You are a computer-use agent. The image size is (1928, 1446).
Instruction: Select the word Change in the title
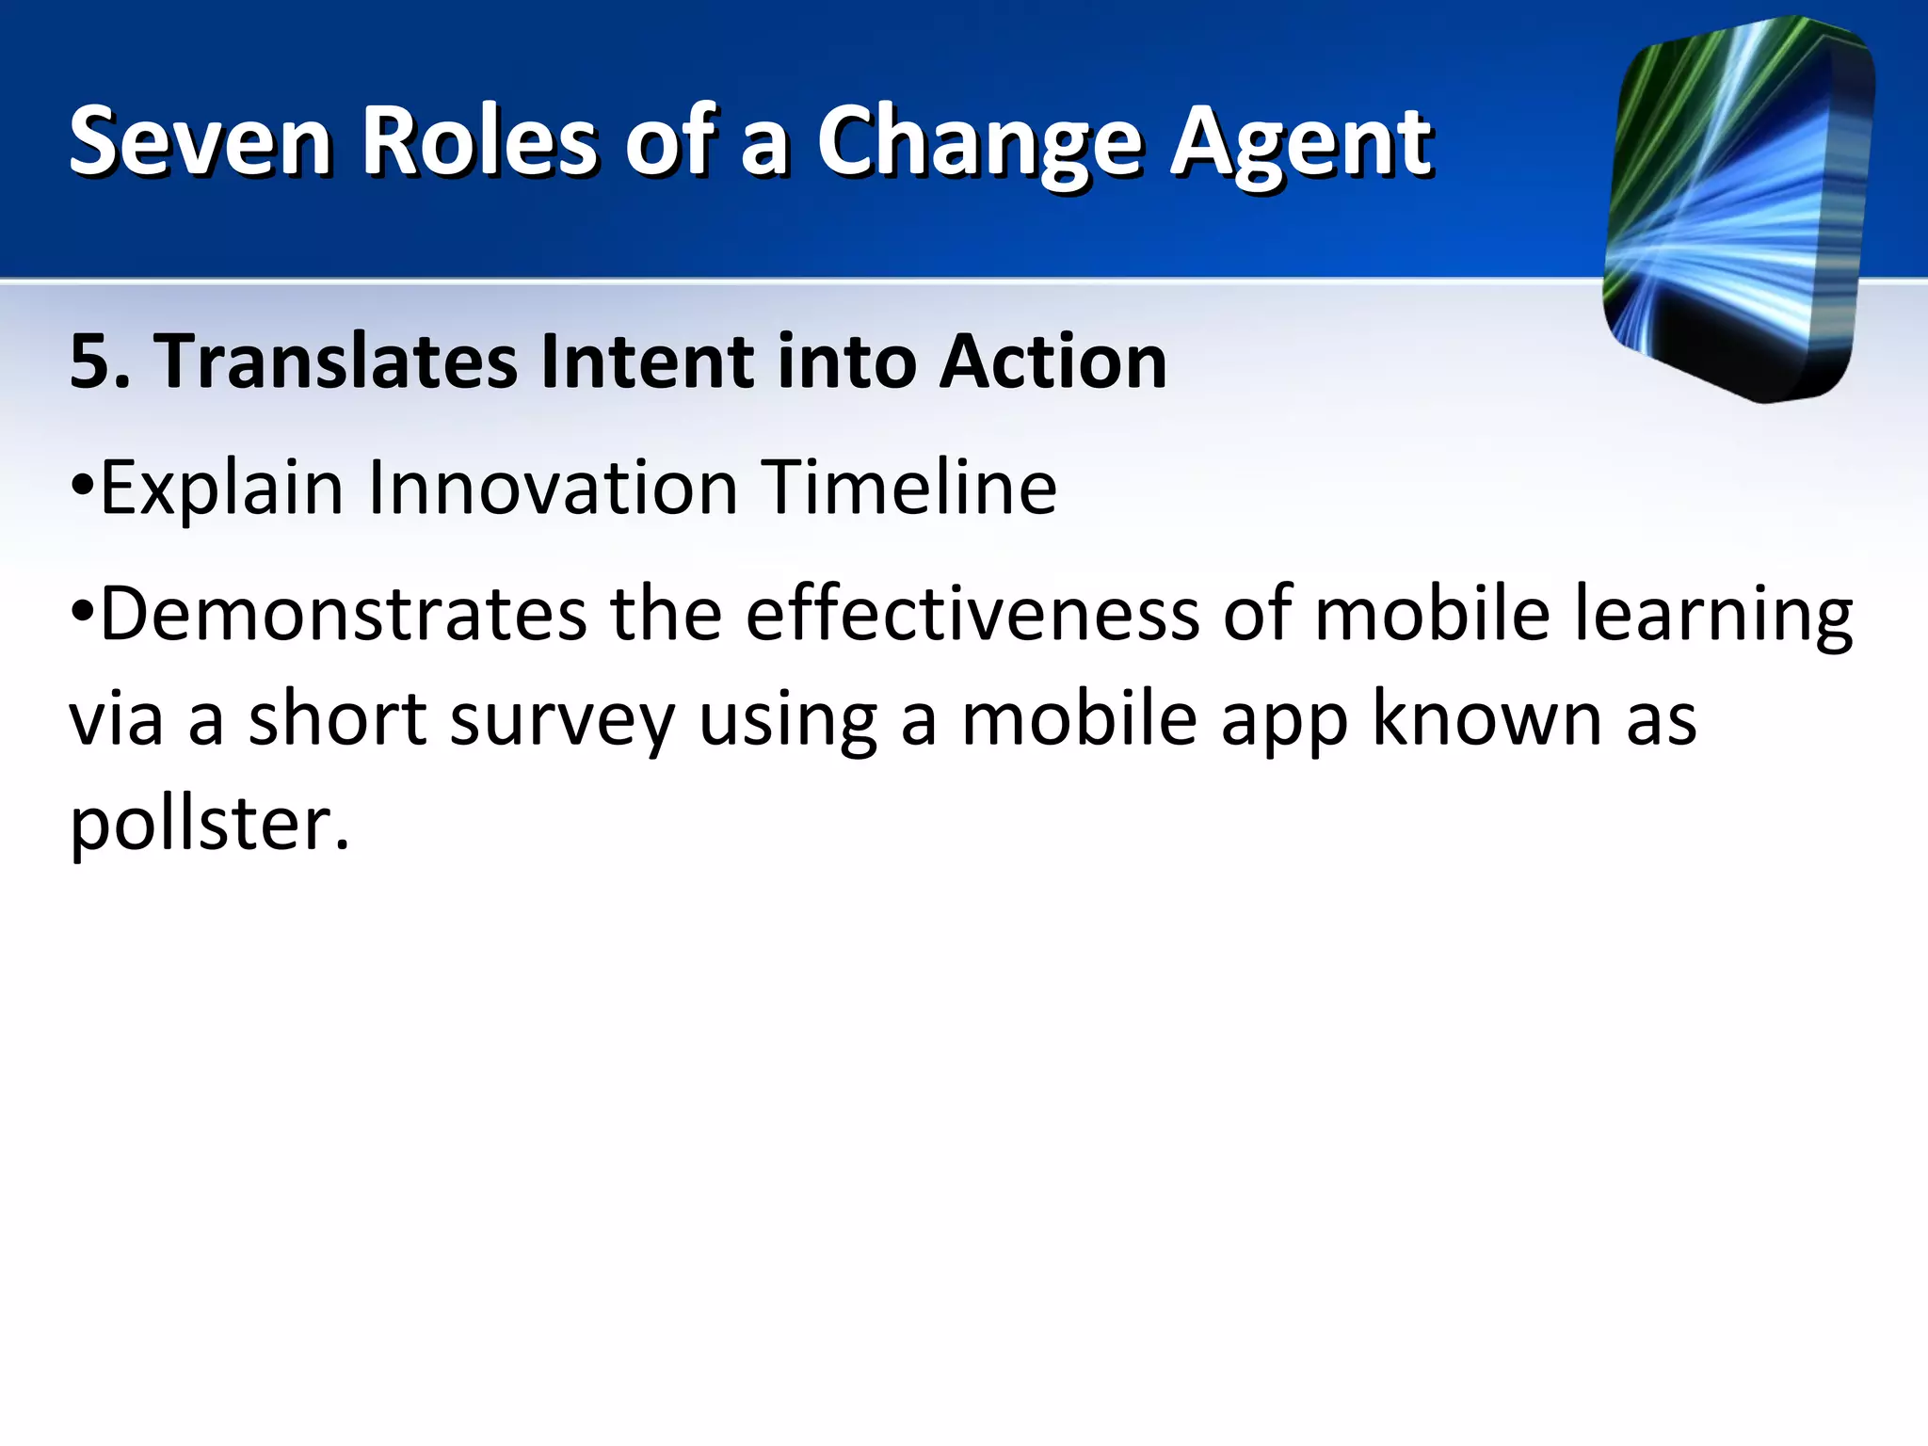pyautogui.click(x=979, y=143)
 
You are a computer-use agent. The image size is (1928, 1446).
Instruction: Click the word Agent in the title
pyautogui.click(x=1302, y=143)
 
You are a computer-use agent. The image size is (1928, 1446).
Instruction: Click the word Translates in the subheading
pyautogui.click(x=337, y=361)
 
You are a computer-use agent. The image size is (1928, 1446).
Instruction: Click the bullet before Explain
pyautogui.click(x=82, y=487)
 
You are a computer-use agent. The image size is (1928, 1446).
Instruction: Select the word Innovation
pyautogui.click(x=553, y=488)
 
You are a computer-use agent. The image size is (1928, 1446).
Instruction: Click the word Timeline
pyautogui.click(x=909, y=488)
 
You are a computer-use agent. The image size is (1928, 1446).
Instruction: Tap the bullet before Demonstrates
pyautogui.click(x=82, y=614)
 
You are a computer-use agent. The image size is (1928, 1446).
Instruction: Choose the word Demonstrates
pyautogui.click(x=344, y=614)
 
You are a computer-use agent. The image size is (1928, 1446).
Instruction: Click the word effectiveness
pyautogui.click(x=972, y=614)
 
